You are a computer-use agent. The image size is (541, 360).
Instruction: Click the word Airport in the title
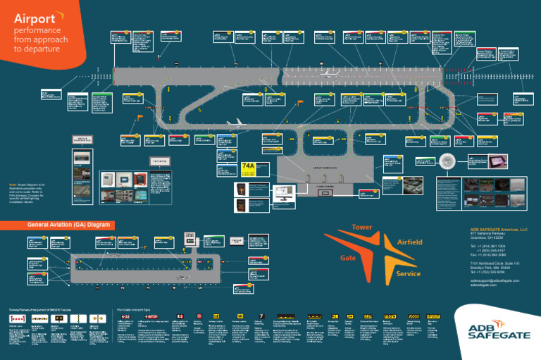pyautogui.click(x=34, y=18)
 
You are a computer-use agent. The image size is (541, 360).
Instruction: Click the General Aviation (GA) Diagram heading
pyautogui.click(x=69, y=225)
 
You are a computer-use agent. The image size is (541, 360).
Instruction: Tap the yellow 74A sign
pyautogui.click(x=249, y=167)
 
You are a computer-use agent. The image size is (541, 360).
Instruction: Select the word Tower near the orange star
pyautogui.click(x=361, y=228)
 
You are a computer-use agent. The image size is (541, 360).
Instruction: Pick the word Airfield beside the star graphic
pyautogui.click(x=410, y=242)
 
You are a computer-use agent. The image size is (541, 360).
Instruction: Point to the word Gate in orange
pyautogui.click(x=348, y=258)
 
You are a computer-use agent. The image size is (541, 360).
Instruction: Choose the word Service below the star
pyautogui.click(x=408, y=273)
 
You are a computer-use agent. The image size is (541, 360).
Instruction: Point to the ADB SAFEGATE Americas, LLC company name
pyautogui.click(x=499, y=230)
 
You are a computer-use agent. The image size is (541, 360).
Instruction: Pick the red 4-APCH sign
pyautogui.click(x=149, y=317)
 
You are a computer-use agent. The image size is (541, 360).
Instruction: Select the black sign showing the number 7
pyautogui.click(x=261, y=316)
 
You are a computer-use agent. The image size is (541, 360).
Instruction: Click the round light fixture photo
pyautogui.click(x=447, y=161)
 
